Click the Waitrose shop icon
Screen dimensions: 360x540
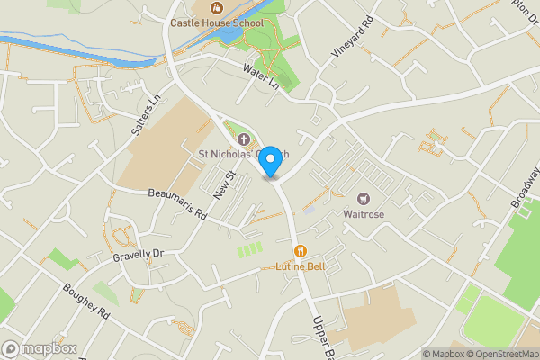[x=364, y=198]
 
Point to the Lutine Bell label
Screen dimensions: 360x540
[x=300, y=267]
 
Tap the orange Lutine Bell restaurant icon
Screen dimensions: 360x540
[x=300, y=251]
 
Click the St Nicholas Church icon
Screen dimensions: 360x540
[x=243, y=139]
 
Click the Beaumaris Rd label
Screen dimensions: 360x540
[x=177, y=204]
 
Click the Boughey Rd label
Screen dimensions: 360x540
[x=85, y=301]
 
